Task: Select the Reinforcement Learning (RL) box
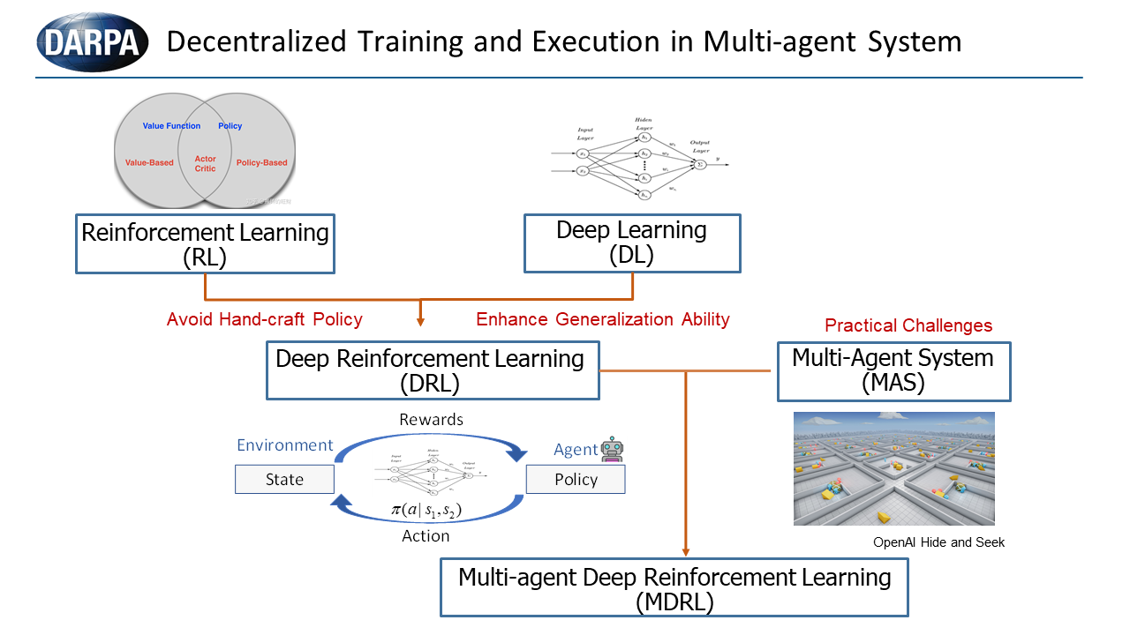205,245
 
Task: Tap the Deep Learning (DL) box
632,243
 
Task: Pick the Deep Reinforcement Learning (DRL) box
430,371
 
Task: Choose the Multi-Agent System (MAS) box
893,371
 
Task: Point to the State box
284,480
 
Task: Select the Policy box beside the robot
576,480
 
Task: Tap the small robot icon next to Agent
613,450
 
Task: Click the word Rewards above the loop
431,420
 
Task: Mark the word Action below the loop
426,535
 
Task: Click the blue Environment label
285,445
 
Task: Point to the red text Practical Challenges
908,325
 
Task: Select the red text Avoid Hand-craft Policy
265,319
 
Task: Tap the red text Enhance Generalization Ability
603,319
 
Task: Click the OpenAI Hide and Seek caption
939,542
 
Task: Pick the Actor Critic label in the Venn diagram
205,164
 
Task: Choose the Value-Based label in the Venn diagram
149,163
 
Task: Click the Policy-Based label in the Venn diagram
262,163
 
